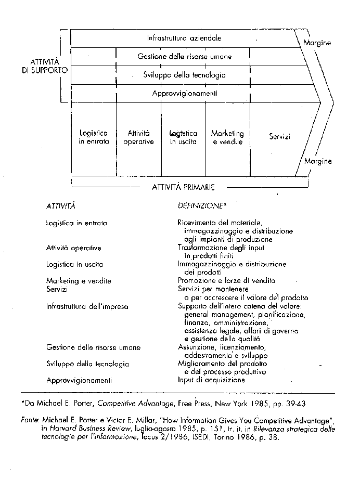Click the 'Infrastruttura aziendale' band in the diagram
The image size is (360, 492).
184,38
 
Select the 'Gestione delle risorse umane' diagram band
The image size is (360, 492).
184,57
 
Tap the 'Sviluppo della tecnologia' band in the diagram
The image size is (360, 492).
184,75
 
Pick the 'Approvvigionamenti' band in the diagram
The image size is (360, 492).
184,94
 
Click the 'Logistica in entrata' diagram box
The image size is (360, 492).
94,138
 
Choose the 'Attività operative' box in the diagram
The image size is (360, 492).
138,138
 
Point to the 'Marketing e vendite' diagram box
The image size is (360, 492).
227,138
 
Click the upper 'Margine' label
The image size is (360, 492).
317,43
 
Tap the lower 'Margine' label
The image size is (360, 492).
318,161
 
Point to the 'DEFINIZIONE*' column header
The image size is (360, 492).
202,206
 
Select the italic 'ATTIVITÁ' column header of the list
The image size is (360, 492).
61,206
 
